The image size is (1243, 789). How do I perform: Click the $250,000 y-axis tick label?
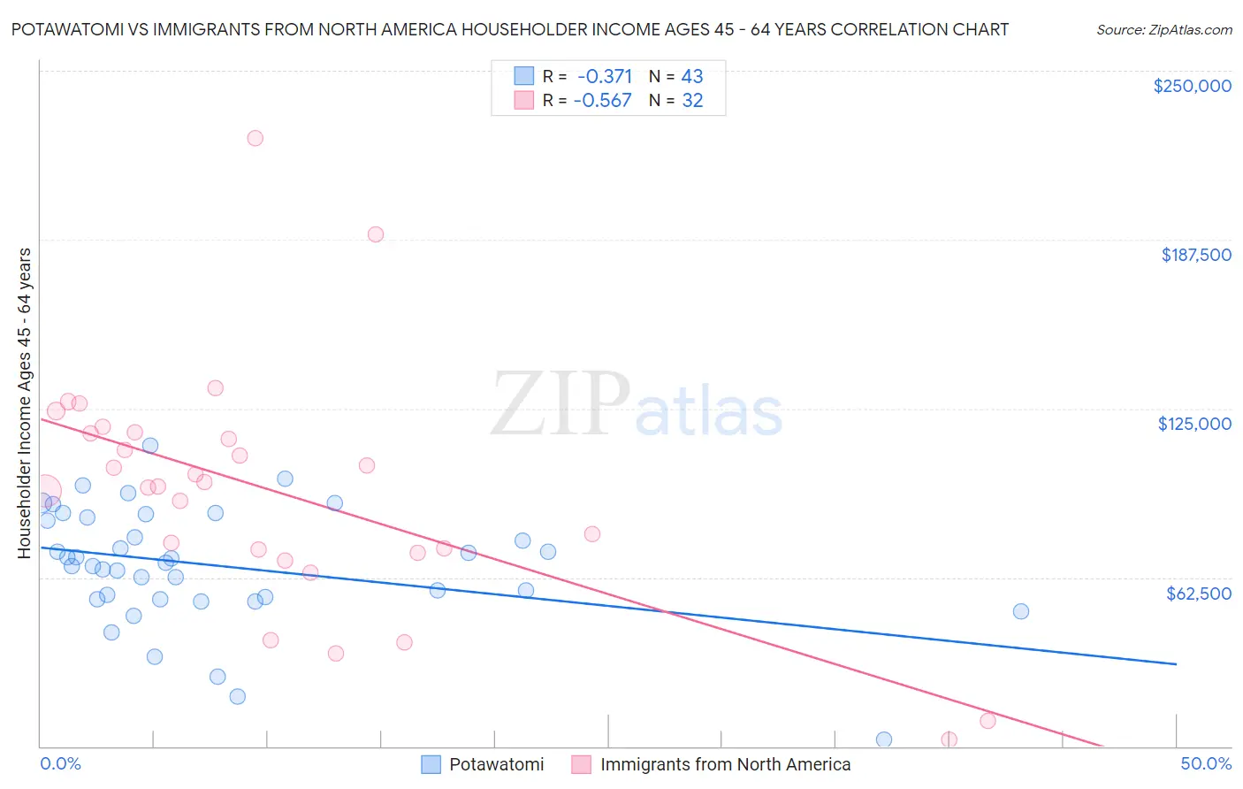coord(1192,86)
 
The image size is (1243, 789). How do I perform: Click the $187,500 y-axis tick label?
coord(1195,255)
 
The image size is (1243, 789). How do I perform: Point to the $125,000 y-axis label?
coord(1194,424)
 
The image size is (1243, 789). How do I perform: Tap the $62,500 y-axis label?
coord(1198,594)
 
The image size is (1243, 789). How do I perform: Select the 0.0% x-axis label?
coord(60,763)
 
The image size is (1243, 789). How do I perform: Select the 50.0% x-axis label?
coord(1205,763)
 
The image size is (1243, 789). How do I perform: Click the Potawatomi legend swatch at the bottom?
coord(431,764)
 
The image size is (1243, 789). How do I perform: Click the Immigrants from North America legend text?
coord(725,764)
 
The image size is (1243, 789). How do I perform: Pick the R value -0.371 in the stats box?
coord(605,77)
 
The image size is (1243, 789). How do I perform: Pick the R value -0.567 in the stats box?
coord(603,101)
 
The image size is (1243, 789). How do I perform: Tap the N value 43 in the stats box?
coord(692,77)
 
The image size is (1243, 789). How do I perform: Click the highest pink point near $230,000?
coord(255,138)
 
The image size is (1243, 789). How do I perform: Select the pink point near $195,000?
coord(375,234)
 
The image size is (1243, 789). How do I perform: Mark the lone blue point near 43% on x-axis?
coord(1020,611)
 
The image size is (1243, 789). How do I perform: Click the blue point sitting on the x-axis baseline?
coord(883,739)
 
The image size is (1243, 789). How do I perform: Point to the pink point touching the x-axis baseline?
coord(949,739)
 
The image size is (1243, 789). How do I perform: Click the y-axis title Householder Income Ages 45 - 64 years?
coord(24,403)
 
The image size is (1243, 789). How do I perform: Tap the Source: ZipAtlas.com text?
coord(1163,30)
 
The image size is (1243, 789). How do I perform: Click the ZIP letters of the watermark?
coord(560,403)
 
